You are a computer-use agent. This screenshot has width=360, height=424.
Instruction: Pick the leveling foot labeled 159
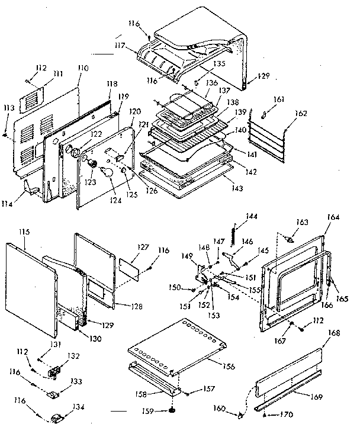[x=172, y=410]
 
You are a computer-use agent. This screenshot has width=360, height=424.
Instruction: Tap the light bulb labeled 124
[x=107, y=172]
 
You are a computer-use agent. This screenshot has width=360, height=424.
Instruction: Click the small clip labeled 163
[x=289, y=239]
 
